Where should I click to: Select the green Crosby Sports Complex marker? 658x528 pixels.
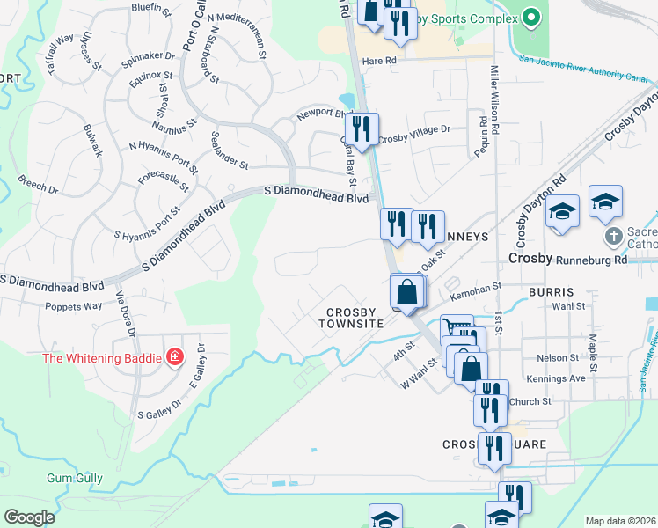(530, 17)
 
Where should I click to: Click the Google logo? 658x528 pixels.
(29, 517)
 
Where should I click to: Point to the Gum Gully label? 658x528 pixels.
(75, 479)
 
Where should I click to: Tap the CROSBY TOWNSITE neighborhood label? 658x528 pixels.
(355, 318)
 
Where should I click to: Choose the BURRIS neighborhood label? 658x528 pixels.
(552, 291)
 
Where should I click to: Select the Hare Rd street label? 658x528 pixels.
(380, 61)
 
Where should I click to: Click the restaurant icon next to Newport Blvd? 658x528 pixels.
(362, 128)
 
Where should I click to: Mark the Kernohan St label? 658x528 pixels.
(474, 288)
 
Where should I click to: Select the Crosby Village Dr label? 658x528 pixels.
(413, 129)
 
